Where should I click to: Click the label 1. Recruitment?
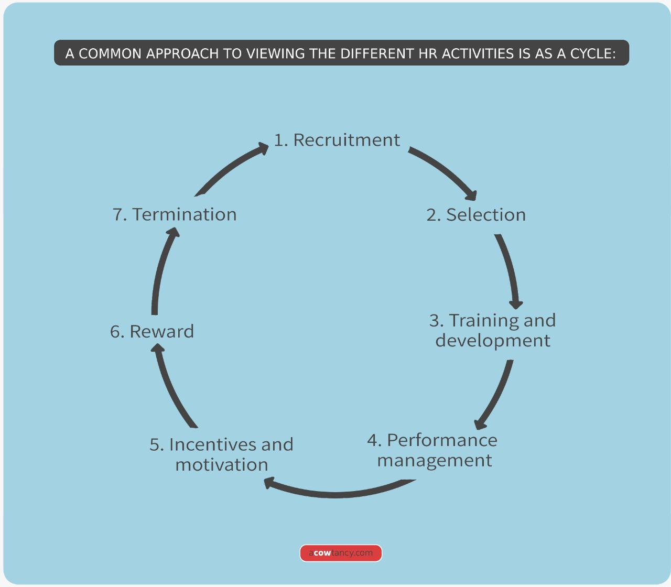tap(337, 140)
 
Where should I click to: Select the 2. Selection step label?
tap(476, 215)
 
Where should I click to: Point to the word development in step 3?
tap(493, 341)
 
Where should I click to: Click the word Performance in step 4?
tap(442, 440)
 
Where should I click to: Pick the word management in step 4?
tap(435, 461)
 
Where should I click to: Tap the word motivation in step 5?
tap(222, 465)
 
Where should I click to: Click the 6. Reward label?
tap(152, 332)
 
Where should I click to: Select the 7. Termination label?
tap(175, 214)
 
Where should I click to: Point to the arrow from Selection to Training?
tap(509, 270)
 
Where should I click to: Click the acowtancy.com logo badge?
tap(341, 553)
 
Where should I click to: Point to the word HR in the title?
tap(428, 53)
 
